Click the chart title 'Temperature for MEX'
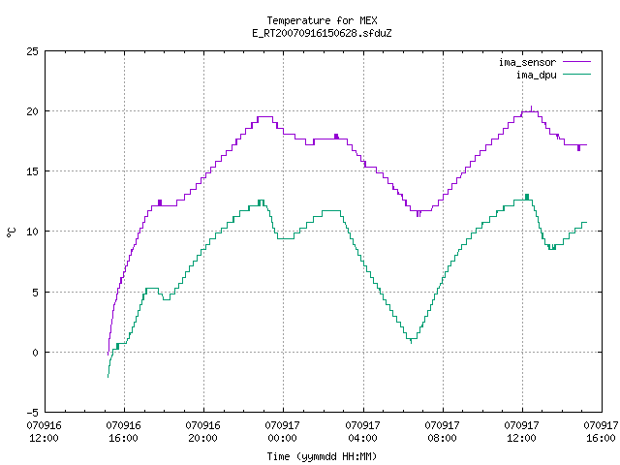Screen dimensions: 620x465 coord(322,20)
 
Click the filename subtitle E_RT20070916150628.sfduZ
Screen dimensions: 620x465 coord(322,33)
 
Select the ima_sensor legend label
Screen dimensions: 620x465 coord(527,62)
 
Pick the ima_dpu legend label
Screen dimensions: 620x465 coord(536,75)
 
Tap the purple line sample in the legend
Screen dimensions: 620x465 coord(577,62)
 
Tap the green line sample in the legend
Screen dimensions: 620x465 coord(577,74)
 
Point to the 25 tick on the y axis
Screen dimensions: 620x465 coord(32,51)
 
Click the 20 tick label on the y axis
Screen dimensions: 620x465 coord(32,111)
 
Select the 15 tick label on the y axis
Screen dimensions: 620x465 coord(32,171)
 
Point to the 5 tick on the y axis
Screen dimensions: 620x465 coord(35,293)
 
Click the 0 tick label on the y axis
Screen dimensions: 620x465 coord(35,353)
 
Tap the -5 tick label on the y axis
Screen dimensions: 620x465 coord(32,413)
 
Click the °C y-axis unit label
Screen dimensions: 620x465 coord(12,232)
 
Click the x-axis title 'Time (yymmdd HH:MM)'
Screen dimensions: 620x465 coord(322,456)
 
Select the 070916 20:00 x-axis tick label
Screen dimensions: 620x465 coord(202,431)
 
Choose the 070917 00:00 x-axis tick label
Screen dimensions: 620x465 coord(282,431)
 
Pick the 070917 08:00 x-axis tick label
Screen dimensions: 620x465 coord(442,431)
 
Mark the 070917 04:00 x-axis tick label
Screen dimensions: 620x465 coord(362,431)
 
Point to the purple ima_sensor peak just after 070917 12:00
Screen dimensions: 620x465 coord(531,108)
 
